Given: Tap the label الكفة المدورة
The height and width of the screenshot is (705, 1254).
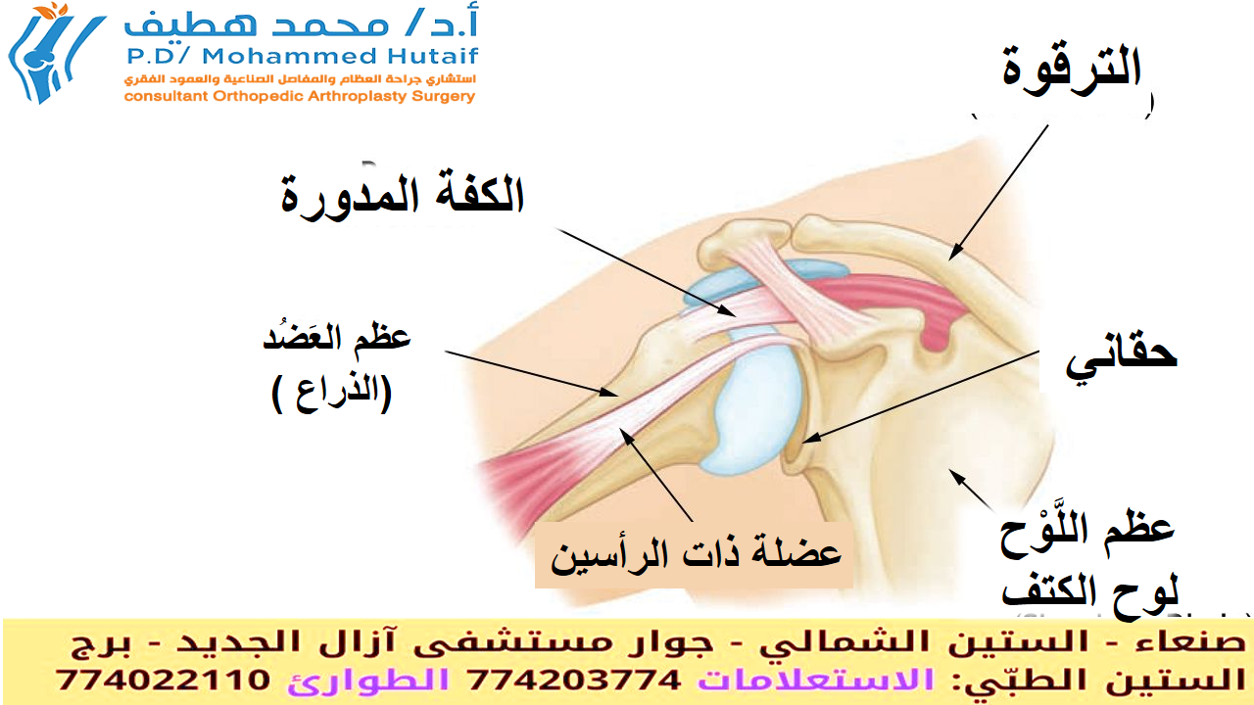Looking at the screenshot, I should click(403, 197).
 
